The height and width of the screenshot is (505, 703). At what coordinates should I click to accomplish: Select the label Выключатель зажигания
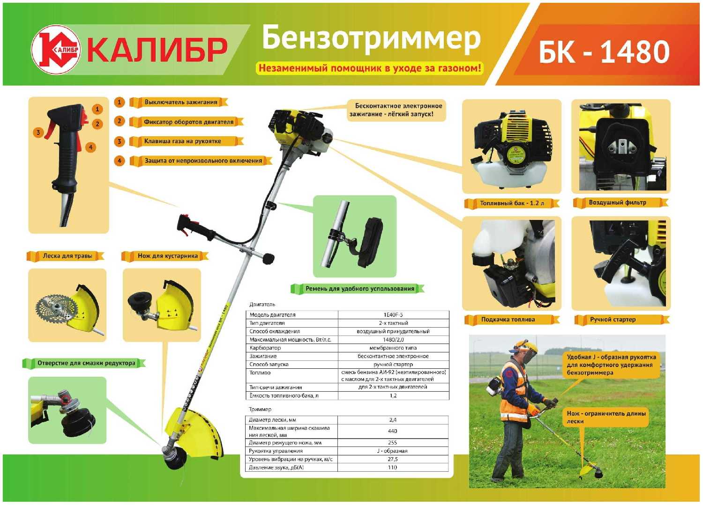click(180, 102)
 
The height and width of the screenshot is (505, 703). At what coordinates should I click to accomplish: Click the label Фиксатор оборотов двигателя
click(188, 122)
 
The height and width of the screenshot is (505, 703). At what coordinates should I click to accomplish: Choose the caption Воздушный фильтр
click(617, 203)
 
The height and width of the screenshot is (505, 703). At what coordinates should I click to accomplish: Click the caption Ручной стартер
click(613, 320)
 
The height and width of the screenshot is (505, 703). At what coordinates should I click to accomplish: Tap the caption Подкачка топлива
click(508, 320)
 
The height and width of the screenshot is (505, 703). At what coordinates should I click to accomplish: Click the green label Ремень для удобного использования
click(359, 289)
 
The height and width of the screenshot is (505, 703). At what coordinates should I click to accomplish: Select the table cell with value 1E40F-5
click(393, 315)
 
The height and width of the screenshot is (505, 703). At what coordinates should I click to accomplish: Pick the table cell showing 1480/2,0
click(393, 340)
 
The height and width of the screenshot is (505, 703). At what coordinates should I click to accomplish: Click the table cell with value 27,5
click(392, 459)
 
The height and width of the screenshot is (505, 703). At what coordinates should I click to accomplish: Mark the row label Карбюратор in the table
click(265, 348)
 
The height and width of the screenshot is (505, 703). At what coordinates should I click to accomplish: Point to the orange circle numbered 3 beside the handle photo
click(38, 132)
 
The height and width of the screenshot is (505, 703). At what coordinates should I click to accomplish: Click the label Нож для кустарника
click(167, 256)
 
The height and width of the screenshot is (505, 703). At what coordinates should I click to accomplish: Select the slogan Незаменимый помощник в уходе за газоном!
click(369, 68)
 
